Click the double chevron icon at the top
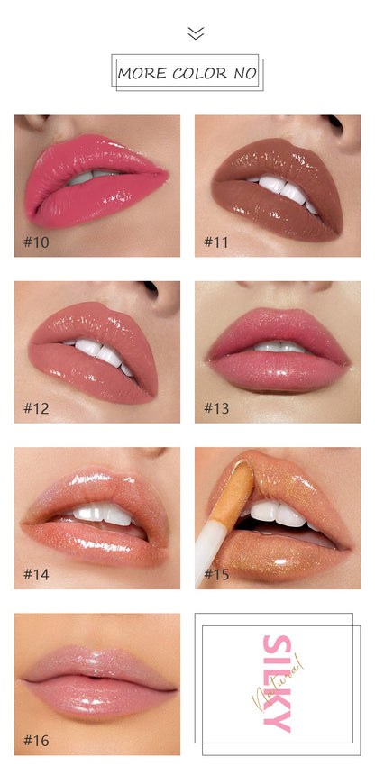[196, 33]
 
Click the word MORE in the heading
[142, 74]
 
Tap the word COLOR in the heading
[200, 74]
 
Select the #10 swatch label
[36, 242]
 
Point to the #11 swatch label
[216, 242]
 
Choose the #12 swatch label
[36, 408]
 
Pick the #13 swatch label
[216, 408]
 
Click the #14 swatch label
[36, 574]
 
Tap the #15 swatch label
[216, 574]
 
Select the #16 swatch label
[36, 741]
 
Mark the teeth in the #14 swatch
[102, 514]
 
